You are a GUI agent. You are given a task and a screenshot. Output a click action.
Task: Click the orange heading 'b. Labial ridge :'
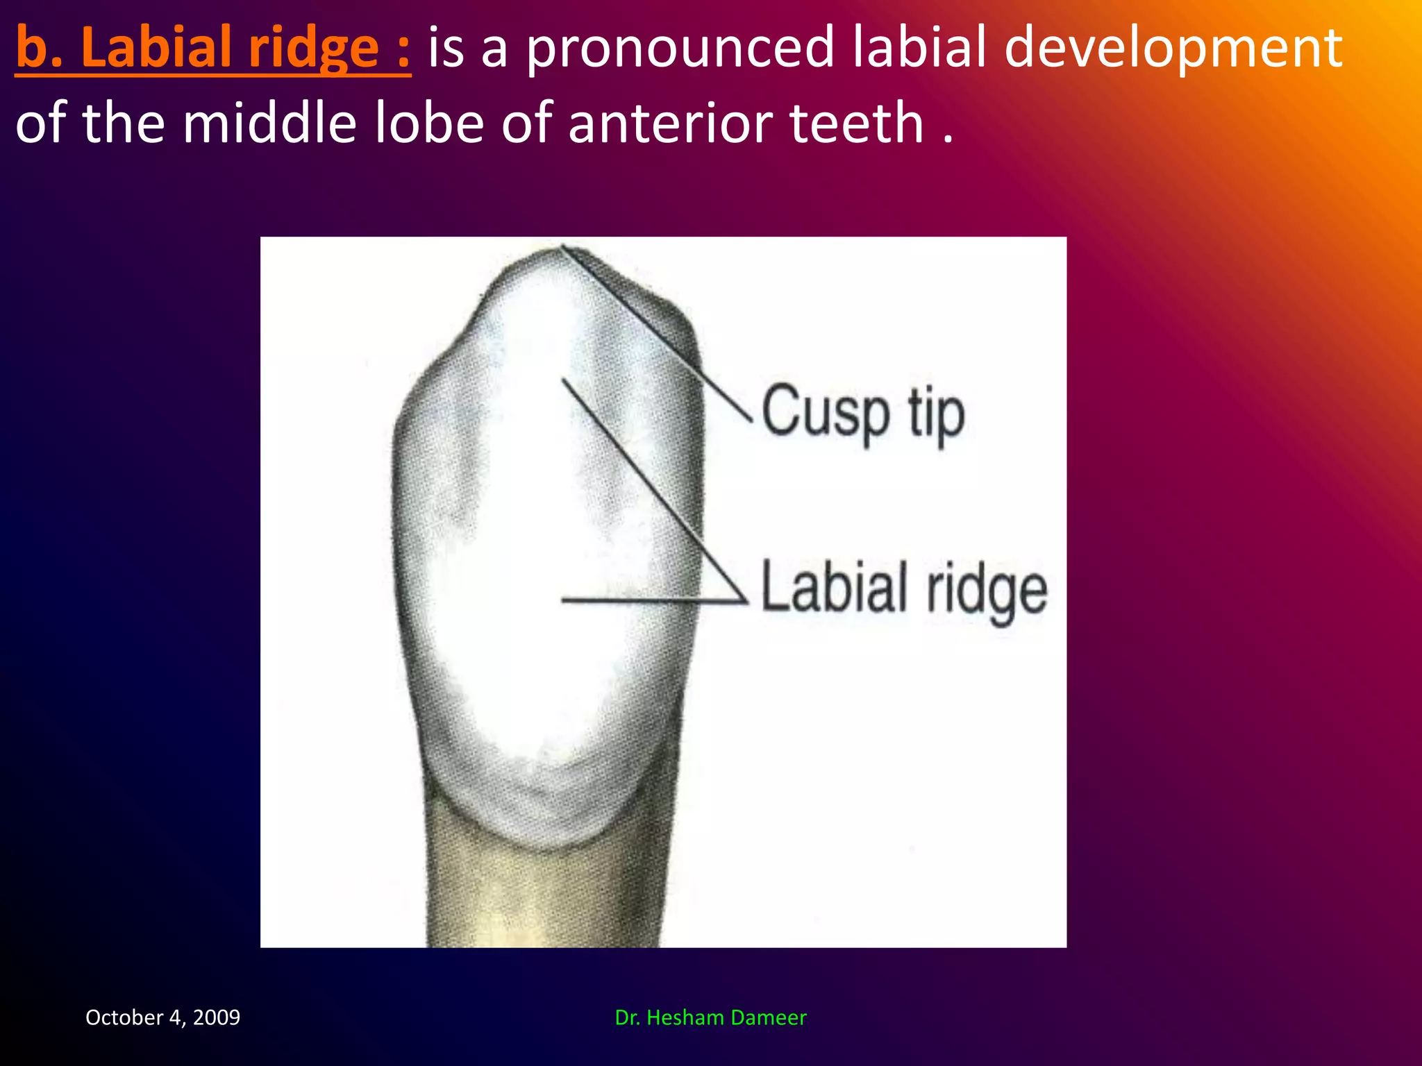click(212, 49)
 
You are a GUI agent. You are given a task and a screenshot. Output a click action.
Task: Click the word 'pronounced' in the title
click(679, 49)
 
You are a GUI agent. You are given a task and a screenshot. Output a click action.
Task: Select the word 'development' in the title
click(1173, 49)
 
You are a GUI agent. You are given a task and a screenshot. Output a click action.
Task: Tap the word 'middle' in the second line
click(269, 124)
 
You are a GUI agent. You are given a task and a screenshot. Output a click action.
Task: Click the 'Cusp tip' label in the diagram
click(863, 414)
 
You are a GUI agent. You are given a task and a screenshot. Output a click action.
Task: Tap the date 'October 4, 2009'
click(162, 1017)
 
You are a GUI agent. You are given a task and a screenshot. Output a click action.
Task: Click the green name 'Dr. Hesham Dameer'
click(710, 1017)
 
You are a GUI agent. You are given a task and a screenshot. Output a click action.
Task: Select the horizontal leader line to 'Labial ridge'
click(653, 600)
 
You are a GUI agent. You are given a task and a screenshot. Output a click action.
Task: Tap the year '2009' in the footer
click(217, 1017)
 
